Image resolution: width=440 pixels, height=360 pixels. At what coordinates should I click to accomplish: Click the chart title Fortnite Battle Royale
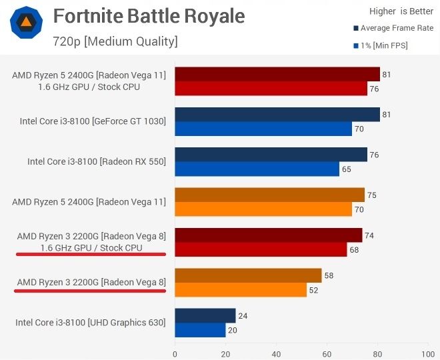point(149,16)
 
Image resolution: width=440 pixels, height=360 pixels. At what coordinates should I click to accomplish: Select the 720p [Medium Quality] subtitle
point(115,41)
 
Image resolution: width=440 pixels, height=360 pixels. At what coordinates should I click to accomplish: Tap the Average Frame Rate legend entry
point(393,28)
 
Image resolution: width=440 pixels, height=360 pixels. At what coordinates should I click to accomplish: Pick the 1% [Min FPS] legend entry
point(384,45)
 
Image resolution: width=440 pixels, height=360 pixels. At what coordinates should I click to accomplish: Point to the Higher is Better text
point(401,11)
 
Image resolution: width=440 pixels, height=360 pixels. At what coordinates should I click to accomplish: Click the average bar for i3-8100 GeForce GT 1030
point(277,115)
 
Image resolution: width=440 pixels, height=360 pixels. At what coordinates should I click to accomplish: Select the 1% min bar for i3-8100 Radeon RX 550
point(257,169)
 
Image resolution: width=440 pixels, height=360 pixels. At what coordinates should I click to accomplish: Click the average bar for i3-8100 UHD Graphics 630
point(205,315)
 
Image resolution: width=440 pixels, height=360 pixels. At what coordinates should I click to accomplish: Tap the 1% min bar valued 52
point(240,289)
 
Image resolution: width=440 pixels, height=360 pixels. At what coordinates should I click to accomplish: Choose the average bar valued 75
point(269,195)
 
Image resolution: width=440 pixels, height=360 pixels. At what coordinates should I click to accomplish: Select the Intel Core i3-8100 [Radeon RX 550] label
point(97,161)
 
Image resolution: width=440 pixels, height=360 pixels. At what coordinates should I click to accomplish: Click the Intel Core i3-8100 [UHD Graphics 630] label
point(91,323)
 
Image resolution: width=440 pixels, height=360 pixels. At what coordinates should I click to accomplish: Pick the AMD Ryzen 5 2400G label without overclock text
point(89,201)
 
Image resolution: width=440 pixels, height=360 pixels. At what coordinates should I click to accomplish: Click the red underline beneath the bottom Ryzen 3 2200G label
point(91,292)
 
